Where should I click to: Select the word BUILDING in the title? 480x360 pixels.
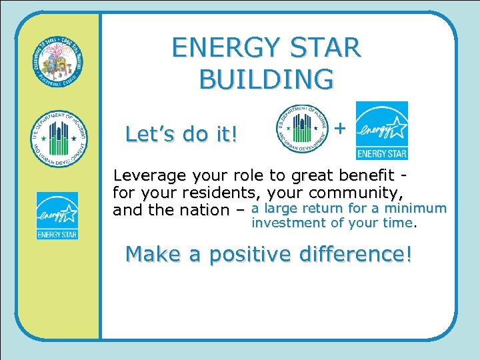click(266, 79)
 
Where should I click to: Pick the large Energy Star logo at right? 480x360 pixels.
click(381, 131)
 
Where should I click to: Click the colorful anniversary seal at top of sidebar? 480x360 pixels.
click(59, 63)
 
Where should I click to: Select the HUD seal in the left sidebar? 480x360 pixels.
click(59, 139)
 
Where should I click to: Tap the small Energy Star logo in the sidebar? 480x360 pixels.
click(57, 215)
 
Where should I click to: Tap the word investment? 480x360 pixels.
click(288, 223)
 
